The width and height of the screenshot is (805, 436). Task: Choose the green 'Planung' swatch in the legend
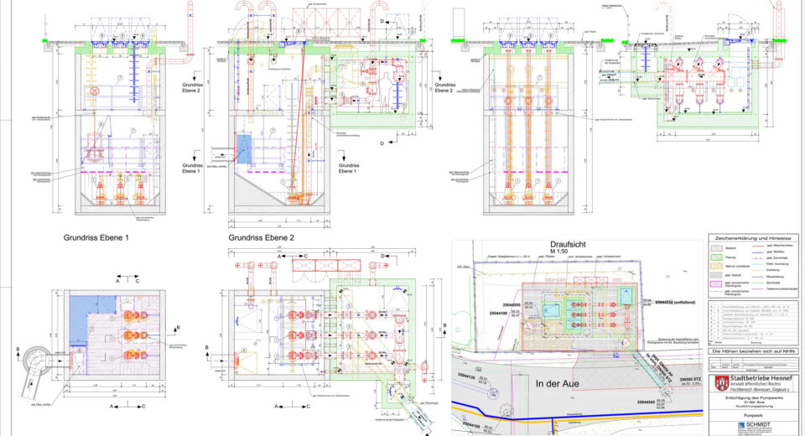click(x=719, y=258)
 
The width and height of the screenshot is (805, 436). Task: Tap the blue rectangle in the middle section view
click(x=245, y=149)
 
